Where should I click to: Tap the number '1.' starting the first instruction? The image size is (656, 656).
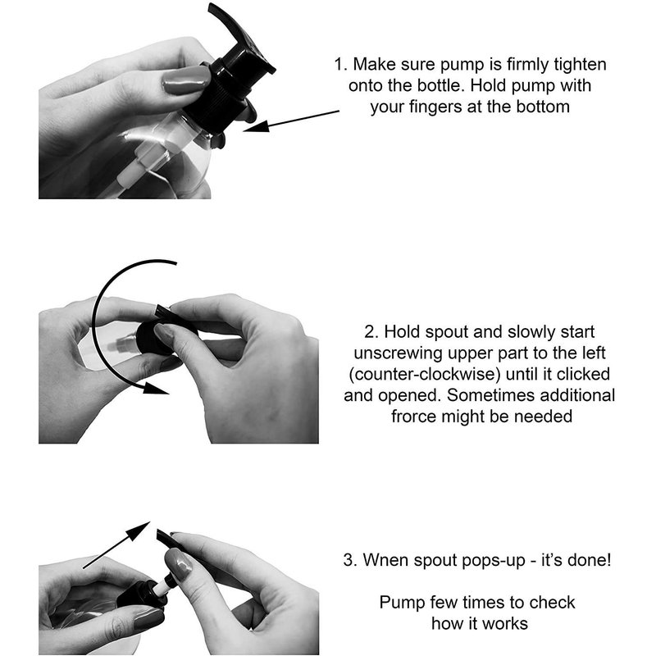pos(341,65)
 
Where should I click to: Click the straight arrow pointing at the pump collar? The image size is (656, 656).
pos(291,121)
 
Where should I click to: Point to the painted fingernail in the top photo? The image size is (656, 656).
pos(186,80)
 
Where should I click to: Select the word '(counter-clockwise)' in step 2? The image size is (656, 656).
pos(424,375)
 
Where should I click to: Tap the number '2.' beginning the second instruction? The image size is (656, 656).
pos(371,332)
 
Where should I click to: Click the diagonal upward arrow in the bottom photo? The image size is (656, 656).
pos(116,545)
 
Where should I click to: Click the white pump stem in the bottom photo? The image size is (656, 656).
pos(162,585)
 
